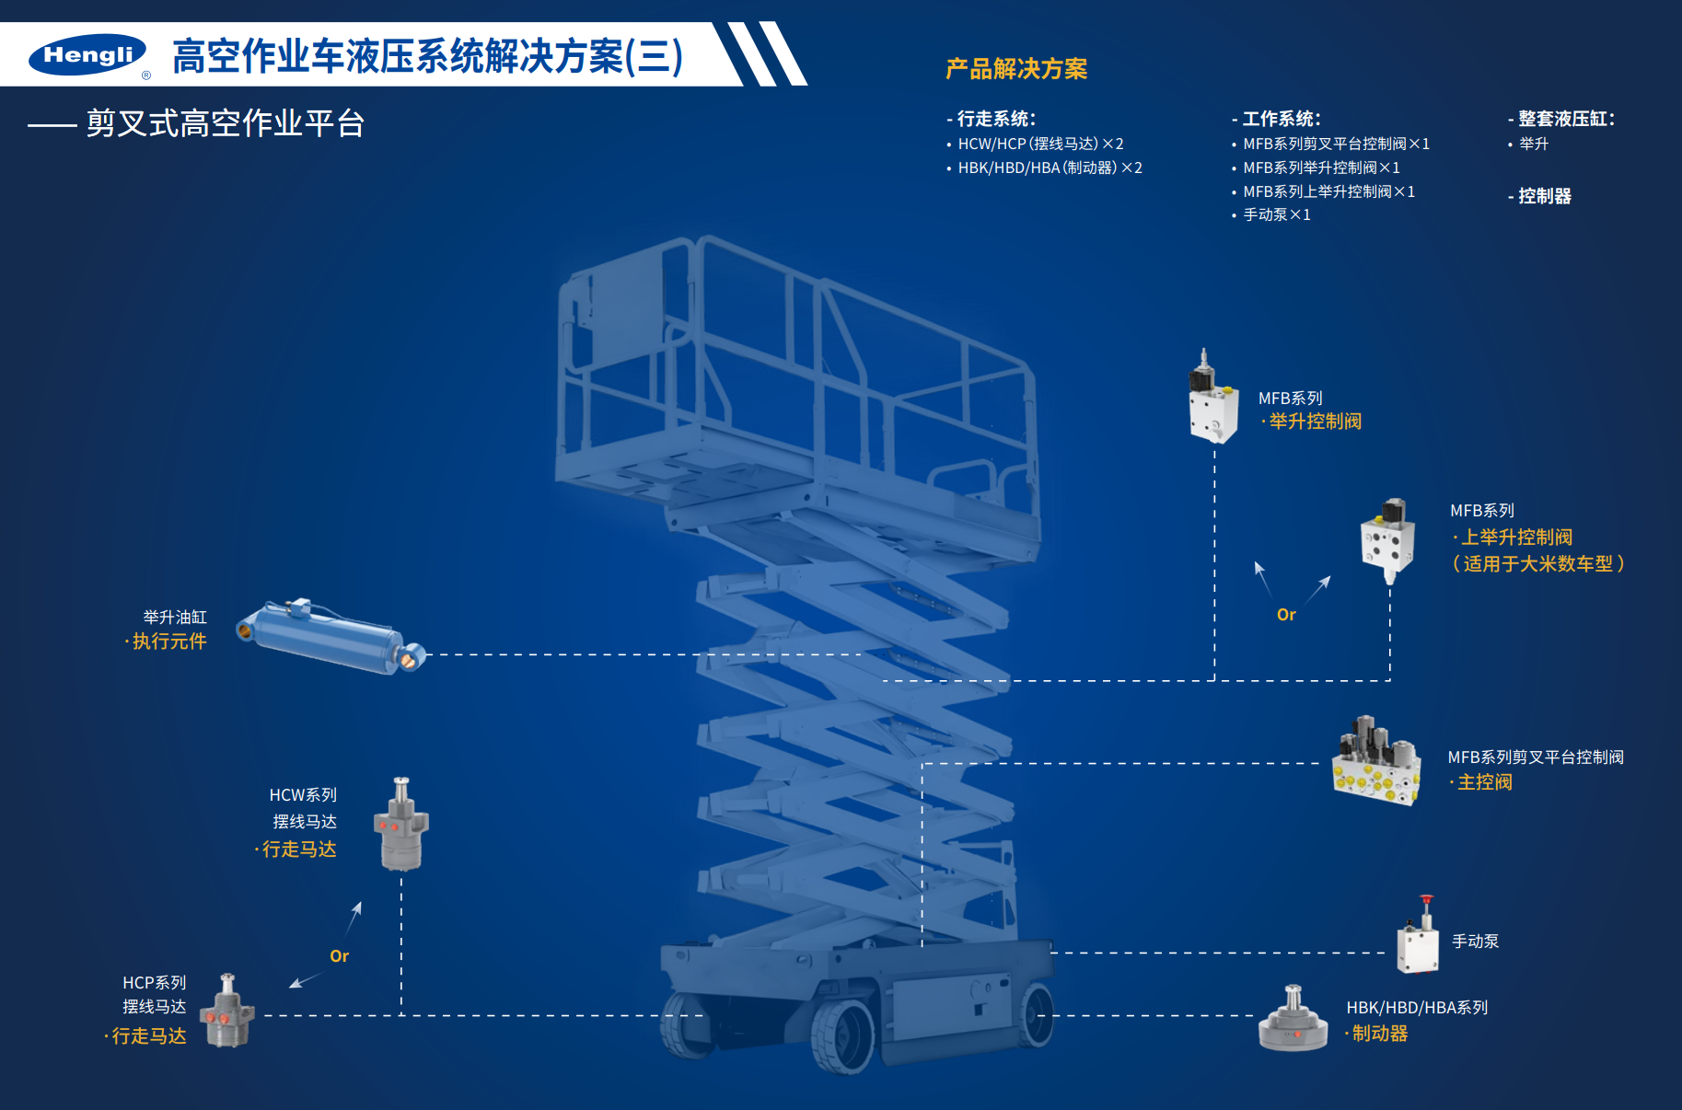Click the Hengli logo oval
pos(87,55)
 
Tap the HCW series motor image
pos(401,826)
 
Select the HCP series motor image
pos(228,1012)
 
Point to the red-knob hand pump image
pos(1419,939)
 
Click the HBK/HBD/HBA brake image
pos(1293,1021)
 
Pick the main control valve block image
pos(1376,762)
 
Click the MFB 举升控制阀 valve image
pos(1212,399)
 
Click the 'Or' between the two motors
pos(339,956)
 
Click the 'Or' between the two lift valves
pos(1286,615)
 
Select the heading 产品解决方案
pos(1015,69)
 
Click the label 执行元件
pos(169,642)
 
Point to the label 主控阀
pos(1484,782)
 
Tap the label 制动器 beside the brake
pos(1379,1034)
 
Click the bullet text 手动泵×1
pos(1276,214)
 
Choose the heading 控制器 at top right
pos(1544,196)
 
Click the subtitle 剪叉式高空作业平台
pos(226,123)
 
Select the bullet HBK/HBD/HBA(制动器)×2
pos(1050,168)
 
